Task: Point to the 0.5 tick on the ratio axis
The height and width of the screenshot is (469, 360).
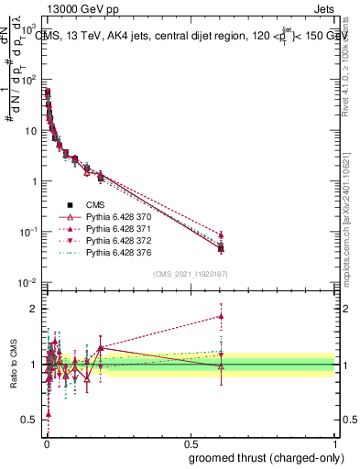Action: tap(30, 420)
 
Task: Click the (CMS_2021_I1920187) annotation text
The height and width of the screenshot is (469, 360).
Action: tap(190, 274)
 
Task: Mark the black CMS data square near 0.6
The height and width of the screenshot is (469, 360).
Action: tap(221, 248)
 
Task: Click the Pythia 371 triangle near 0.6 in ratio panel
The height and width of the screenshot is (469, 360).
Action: tap(221, 316)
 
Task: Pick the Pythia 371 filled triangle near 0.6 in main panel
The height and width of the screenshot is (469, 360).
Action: tap(221, 234)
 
